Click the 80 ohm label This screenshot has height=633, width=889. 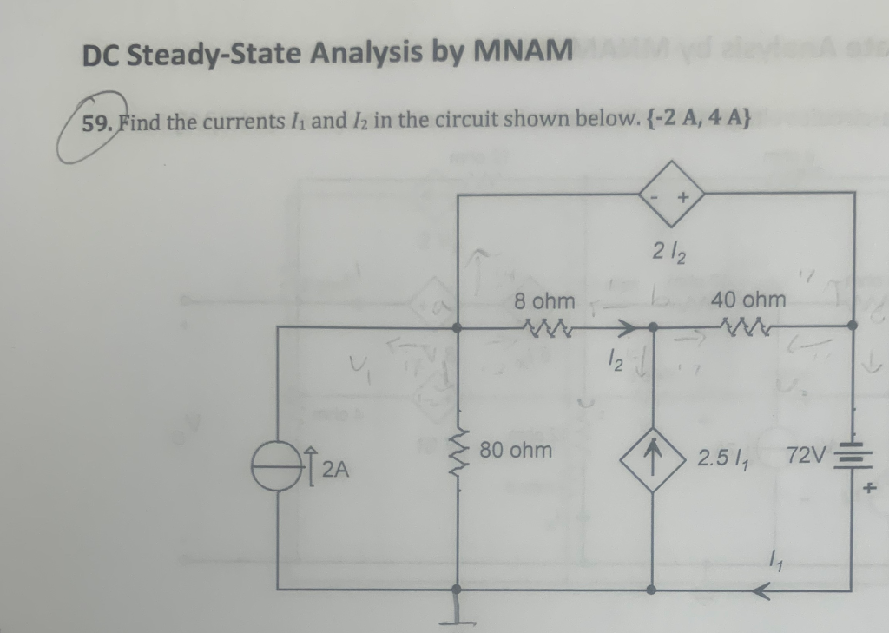[518, 450]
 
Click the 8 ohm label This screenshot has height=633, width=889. [544, 301]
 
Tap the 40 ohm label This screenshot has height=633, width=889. [748, 300]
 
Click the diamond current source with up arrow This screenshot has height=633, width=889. [653, 456]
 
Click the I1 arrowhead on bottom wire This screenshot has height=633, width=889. [761, 590]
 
